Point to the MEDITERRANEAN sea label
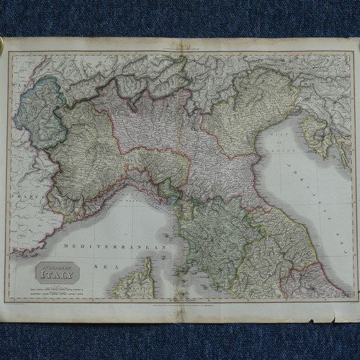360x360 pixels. click(115, 247)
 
